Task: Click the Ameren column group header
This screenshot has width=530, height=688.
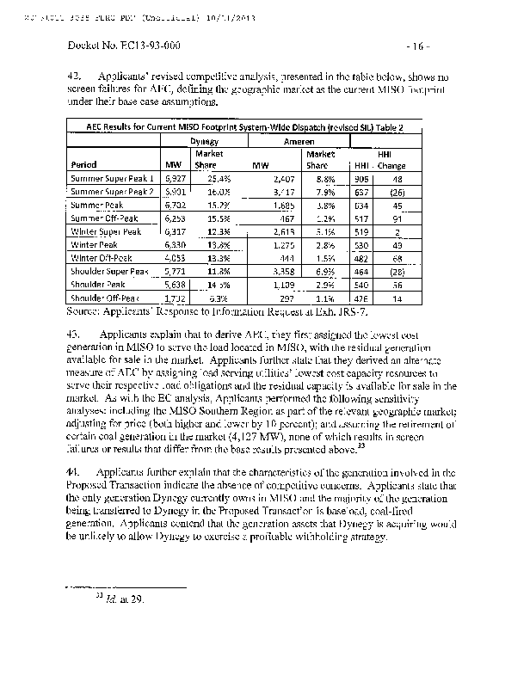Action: pos(298,140)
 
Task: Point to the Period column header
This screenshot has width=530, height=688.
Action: pos(84,163)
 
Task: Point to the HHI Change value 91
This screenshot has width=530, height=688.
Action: pos(397,218)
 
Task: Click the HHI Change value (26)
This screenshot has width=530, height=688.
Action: pos(395,192)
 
